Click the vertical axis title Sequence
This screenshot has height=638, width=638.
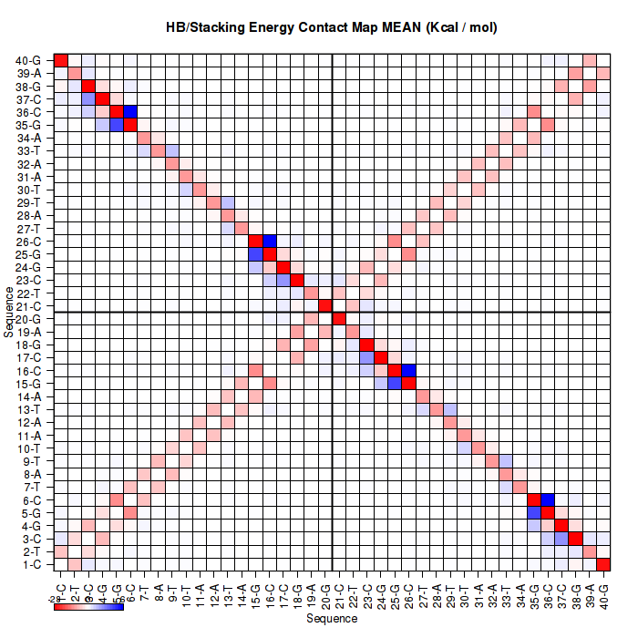[9, 312]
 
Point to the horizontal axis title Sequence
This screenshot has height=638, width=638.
[332, 619]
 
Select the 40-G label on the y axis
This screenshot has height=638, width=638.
[28, 60]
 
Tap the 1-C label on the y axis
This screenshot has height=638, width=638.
[29, 564]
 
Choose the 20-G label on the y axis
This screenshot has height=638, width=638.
[28, 319]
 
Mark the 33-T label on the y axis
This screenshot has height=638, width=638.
[28, 150]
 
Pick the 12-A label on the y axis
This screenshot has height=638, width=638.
[28, 422]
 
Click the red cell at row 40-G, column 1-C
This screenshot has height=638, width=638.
[61, 60]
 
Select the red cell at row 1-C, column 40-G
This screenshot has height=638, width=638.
[602, 564]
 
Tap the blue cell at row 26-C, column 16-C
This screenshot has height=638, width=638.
[270, 241]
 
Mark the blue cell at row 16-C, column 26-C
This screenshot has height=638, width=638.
[408, 370]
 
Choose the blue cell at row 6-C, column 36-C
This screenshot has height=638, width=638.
[547, 499]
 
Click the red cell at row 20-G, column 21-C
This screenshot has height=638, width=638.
[339, 318]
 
